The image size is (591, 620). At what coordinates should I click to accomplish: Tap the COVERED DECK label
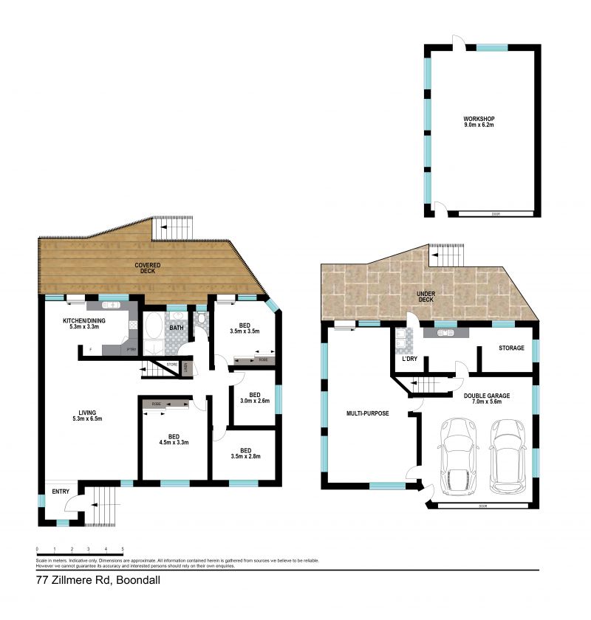[148, 269]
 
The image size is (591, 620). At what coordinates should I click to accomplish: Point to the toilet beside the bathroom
[201, 319]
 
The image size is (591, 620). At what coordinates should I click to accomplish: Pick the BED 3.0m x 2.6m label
[253, 397]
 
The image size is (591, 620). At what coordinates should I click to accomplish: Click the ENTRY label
[60, 492]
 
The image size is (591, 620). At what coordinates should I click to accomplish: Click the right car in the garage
[508, 458]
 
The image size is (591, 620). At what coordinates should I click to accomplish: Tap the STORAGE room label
[510, 348]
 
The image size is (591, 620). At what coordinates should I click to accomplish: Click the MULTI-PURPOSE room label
[367, 413]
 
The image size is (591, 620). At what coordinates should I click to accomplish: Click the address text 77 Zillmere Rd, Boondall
[98, 581]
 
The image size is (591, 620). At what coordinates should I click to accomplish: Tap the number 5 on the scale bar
[123, 548]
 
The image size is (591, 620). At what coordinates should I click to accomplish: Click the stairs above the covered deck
[174, 228]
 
